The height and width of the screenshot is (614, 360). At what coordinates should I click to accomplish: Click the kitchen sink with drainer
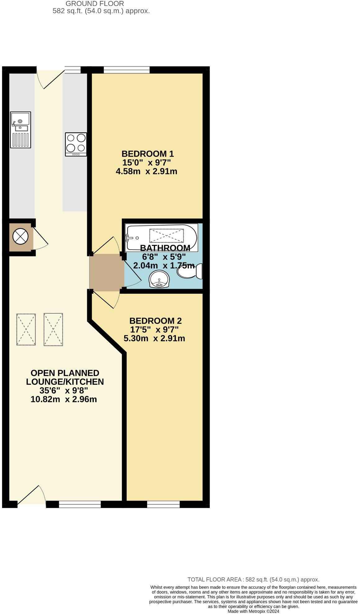[x=20, y=130]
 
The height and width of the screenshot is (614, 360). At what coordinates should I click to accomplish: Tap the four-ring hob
[x=76, y=144]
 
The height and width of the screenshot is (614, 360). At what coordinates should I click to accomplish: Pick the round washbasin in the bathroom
[x=159, y=279]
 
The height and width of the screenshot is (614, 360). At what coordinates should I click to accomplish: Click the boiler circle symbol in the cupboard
[x=20, y=237]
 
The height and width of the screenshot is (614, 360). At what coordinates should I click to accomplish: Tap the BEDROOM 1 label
[x=147, y=154]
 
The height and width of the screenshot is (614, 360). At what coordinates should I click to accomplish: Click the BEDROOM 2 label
[x=155, y=321]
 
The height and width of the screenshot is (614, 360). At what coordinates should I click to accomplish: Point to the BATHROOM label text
[x=165, y=248]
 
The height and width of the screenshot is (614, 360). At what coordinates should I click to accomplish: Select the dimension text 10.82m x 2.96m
[x=64, y=399]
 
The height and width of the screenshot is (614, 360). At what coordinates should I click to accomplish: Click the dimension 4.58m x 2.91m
[x=146, y=171]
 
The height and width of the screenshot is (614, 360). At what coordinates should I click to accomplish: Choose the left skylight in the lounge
[x=26, y=329]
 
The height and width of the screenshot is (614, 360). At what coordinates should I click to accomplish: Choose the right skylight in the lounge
[x=53, y=329]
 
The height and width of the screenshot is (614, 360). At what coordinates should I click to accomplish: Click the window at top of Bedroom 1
[x=127, y=70]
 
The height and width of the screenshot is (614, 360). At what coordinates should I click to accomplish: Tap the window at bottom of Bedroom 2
[x=163, y=504]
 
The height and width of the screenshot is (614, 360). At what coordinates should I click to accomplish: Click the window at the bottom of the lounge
[x=80, y=504]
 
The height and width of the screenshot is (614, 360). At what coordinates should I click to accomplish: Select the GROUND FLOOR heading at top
[x=95, y=4]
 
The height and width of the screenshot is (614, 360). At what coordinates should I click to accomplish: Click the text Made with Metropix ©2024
[x=253, y=611]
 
